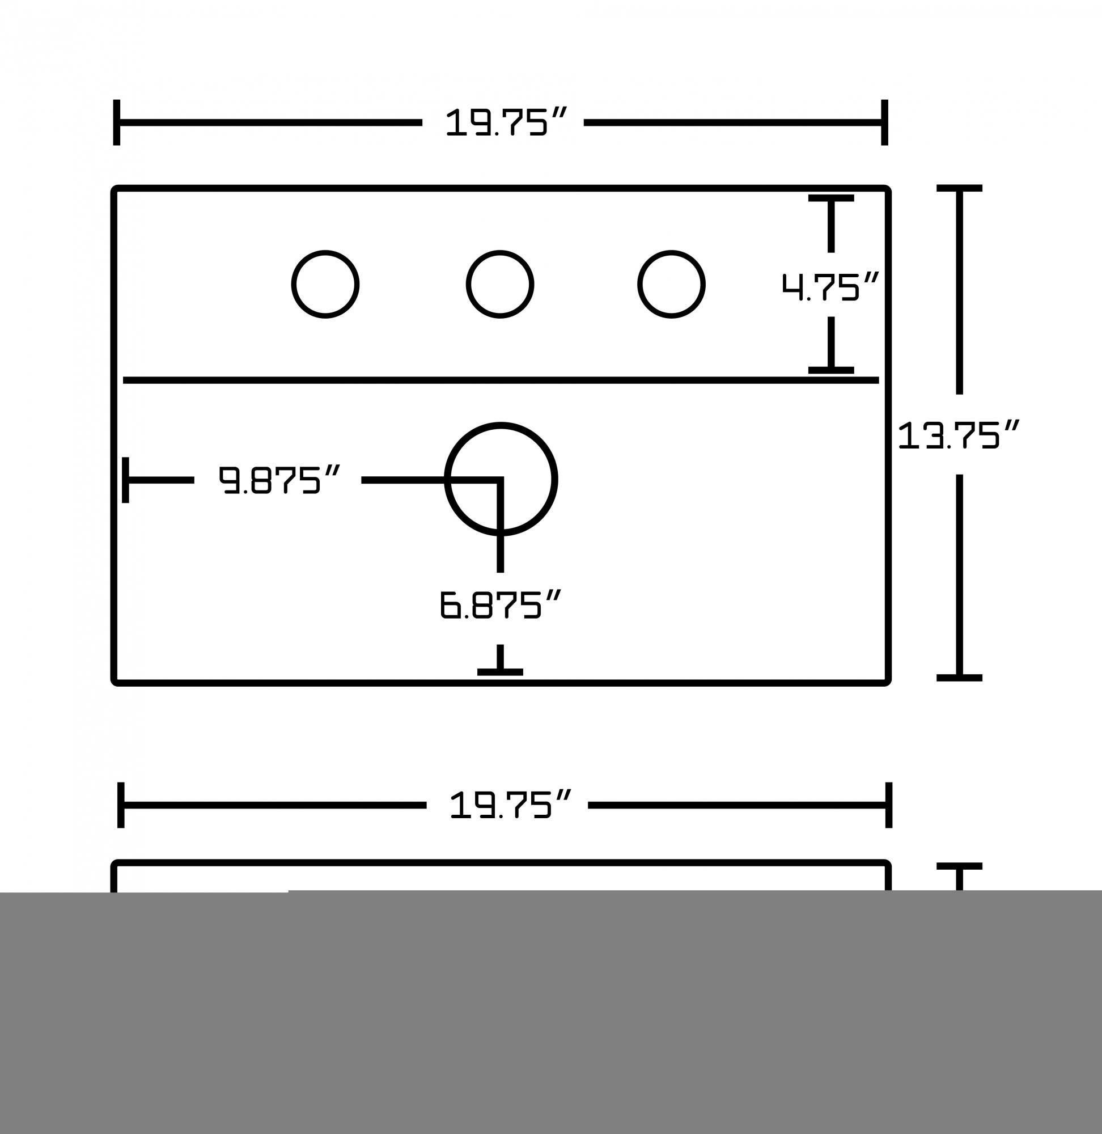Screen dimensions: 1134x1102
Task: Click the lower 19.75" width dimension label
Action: [x=508, y=805]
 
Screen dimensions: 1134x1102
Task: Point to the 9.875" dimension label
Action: [x=278, y=480]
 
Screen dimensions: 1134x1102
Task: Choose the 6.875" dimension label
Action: [x=500, y=604]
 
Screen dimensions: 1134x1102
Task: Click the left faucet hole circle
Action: [x=325, y=284]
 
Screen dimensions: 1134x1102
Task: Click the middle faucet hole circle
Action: [x=500, y=284]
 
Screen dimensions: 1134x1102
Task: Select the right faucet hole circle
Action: [x=671, y=284]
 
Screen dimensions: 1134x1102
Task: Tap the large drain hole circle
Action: [x=501, y=479]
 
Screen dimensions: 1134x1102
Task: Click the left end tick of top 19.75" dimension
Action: [x=117, y=122]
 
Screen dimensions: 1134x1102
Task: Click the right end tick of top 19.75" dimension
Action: [x=884, y=122]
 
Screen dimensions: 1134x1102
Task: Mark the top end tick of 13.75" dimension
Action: [x=959, y=188]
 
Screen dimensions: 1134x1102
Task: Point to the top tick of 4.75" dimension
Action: [x=831, y=198]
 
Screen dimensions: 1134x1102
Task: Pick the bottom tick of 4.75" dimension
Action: [x=831, y=370]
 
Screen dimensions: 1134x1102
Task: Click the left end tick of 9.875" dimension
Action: [x=126, y=480]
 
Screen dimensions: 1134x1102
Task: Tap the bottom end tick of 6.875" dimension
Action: [x=500, y=672]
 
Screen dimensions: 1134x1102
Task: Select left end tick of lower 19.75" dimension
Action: [x=121, y=805]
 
